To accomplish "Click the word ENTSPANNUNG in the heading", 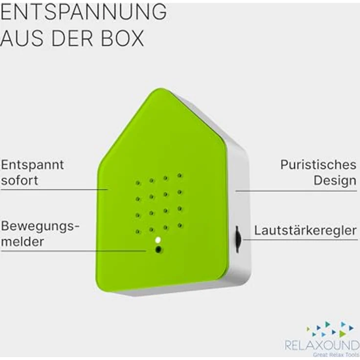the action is (x=83, y=12).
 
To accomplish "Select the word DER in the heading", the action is (x=72, y=38).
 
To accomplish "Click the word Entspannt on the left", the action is (x=32, y=165).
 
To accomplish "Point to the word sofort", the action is (x=20, y=180).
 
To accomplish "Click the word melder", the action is (x=22, y=242).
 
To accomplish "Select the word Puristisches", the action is (x=318, y=165).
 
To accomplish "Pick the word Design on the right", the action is (x=335, y=180).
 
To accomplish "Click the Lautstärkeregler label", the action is (x=305, y=230).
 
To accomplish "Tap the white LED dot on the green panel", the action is (x=157, y=240).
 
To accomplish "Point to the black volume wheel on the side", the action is (x=238, y=239).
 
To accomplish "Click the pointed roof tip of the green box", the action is (x=160, y=89).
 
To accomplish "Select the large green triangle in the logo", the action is (x=342, y=334).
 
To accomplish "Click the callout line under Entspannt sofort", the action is (x=54, y=190).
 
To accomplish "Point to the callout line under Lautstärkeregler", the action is (x=300, y=240).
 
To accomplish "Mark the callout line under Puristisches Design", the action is (x=296, y=191).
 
